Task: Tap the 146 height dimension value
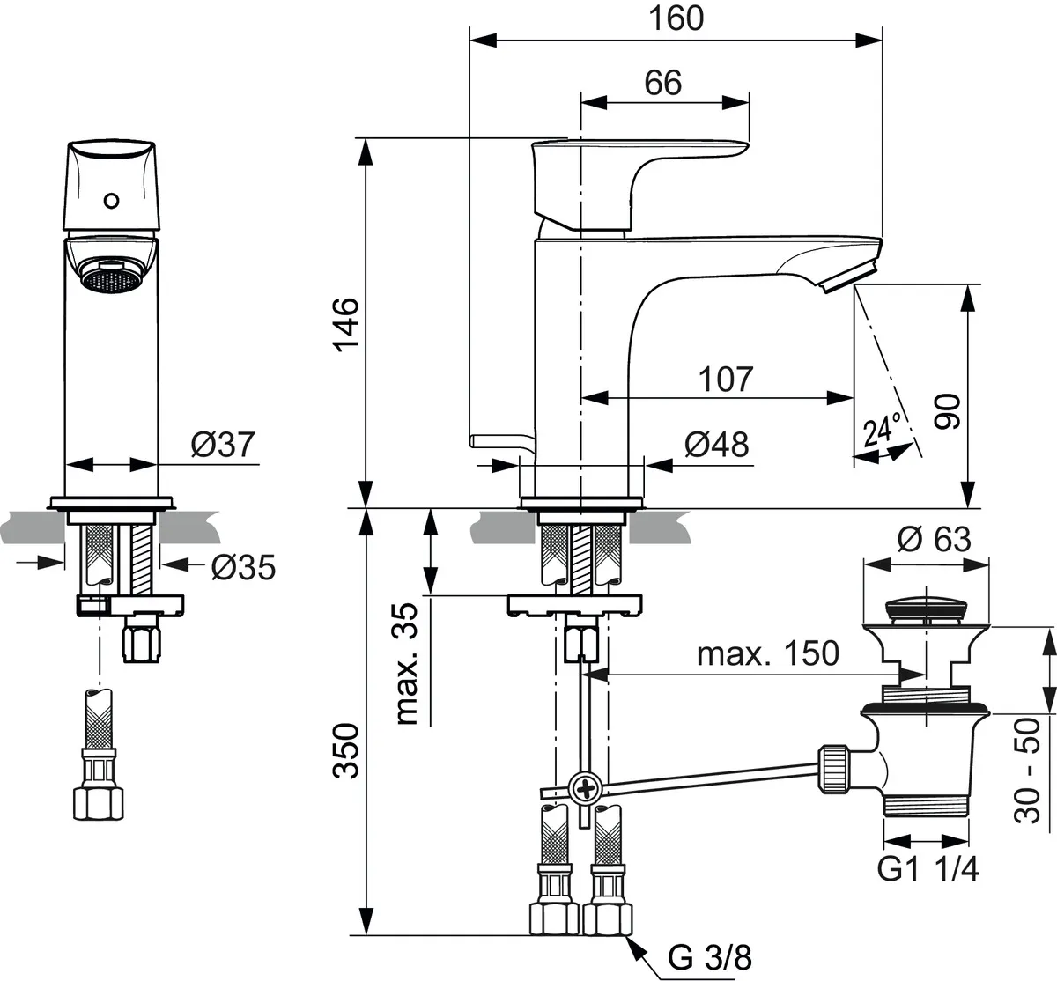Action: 347,323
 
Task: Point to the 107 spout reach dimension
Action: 726,379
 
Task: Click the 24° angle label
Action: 883,432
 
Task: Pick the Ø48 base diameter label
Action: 715,445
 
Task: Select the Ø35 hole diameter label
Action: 242,568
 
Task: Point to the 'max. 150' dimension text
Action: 767,653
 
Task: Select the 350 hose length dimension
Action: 347,750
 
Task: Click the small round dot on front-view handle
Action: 111,200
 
